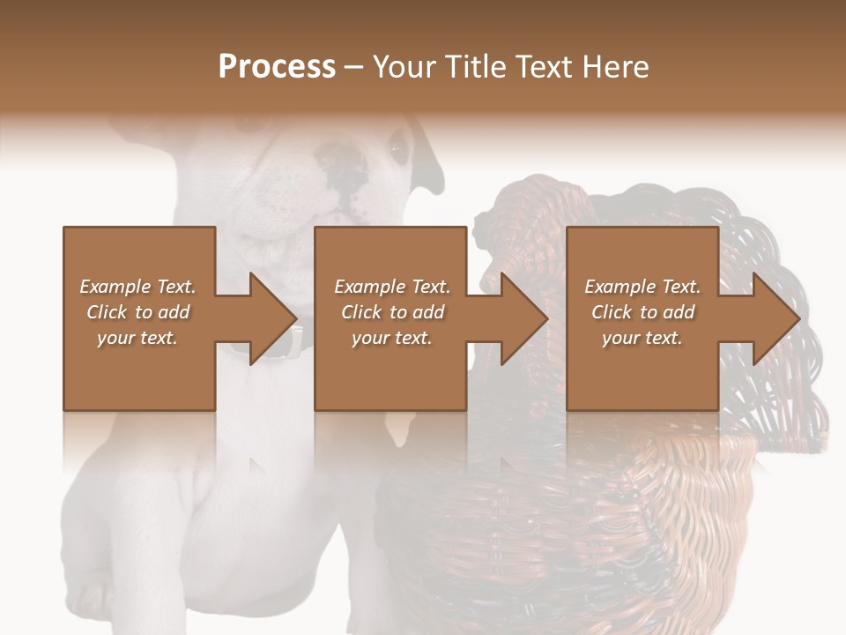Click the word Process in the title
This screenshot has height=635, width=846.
click(x=277, y=67)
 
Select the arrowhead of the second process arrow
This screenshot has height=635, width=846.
click(x=525, y=318)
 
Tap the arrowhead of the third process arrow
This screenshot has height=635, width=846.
click(x=777, y=318)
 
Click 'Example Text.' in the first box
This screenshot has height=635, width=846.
click(x=138, y=287)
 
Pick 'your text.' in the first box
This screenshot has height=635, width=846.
click(x=138, y=338)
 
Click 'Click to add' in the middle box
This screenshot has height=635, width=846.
click(x=392, y=312)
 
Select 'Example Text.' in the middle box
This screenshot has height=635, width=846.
click(x=392, y=287)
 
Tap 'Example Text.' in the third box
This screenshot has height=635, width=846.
click(x=642, y=287)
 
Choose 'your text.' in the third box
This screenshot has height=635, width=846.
click(x=642, y=338)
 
